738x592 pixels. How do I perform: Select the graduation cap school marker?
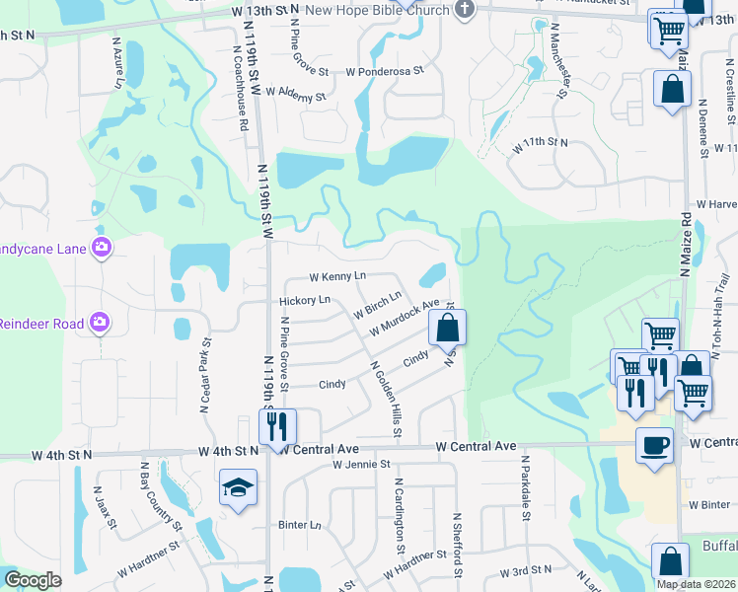237,488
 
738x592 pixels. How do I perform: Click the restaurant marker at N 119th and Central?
276,426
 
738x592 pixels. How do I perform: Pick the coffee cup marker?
654,445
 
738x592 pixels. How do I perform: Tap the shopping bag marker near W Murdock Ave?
447,326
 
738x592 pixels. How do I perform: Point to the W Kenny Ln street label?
336,276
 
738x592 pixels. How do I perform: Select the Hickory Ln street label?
304,299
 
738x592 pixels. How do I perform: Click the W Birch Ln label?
378,305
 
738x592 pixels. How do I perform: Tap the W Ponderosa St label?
384,71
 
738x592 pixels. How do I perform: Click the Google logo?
33,580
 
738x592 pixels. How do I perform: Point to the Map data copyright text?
696,584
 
